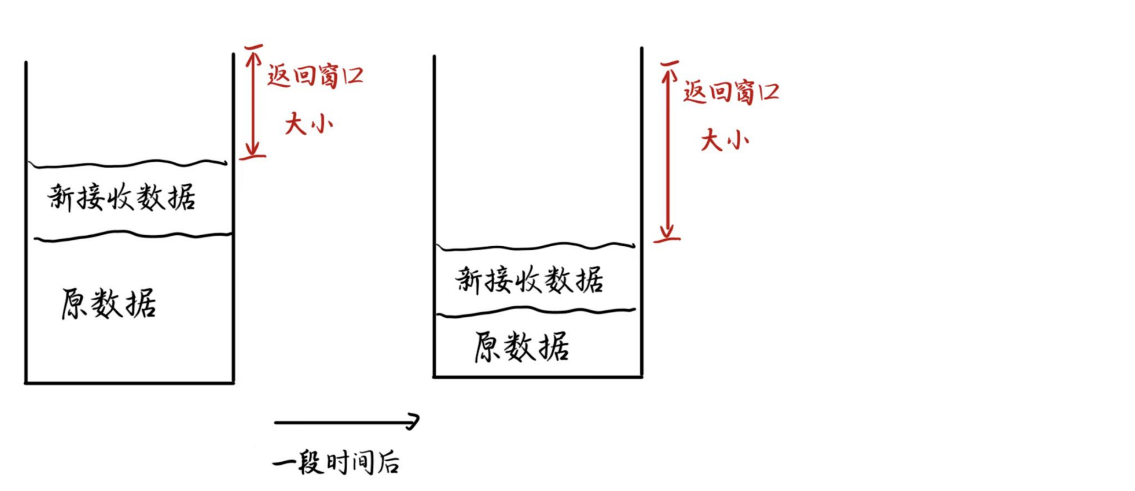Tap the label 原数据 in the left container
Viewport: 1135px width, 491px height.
tap(109, 303)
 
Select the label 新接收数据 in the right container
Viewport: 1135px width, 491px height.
tap(529, 279)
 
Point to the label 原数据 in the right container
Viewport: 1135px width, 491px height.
tap(522, 347)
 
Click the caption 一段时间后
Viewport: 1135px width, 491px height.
tap(337, 462)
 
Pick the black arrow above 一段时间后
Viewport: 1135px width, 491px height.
tap(347, 422)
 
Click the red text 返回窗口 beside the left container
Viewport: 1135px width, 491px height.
tap(316, 76)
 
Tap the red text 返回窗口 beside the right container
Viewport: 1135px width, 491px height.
tap(731, 92)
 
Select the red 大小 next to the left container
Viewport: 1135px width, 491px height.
tap(309, 124)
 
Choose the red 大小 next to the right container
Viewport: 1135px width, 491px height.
tap(725, 140)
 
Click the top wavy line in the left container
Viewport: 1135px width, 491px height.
tap(128, 164)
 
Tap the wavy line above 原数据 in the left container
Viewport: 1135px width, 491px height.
tap(133, 236)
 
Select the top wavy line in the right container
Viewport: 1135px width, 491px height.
tap(536, 247)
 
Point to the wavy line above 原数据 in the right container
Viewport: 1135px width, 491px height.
tap(536, 311)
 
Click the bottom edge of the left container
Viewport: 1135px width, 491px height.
tap(130, 382)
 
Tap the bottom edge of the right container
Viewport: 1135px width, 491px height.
tap(538, 377)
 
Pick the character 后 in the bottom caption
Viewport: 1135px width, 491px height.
tap(388, 463)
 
